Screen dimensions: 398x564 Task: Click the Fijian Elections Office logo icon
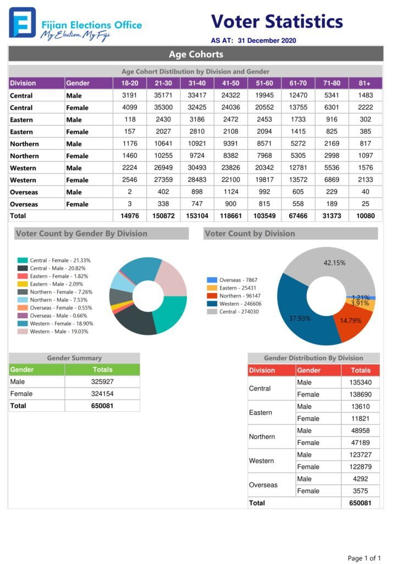pos(23,23)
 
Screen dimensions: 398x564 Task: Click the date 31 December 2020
pos(267,41)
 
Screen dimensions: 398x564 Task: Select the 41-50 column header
pos(230,83)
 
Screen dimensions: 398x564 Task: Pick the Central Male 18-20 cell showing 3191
pos(130,95)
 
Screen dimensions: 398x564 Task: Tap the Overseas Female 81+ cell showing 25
pos(366,204)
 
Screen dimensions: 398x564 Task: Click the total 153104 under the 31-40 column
pos(197,216)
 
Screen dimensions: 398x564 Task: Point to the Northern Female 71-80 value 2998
pos(331,156)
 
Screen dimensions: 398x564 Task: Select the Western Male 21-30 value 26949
pos(163,167)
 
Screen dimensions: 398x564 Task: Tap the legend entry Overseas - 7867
pos(232,280)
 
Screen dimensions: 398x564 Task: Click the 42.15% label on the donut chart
pos(334,263)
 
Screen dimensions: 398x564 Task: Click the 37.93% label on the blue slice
pos(300,318)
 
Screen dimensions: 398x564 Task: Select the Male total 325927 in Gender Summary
pos(102,382)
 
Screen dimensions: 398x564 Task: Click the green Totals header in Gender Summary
pos(103,370)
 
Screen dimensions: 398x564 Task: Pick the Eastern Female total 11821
pos(360,419)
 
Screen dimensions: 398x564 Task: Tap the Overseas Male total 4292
pos(360,479)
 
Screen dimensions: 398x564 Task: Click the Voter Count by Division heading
pos(250,234)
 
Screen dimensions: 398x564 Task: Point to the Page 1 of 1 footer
pos(364,558)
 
